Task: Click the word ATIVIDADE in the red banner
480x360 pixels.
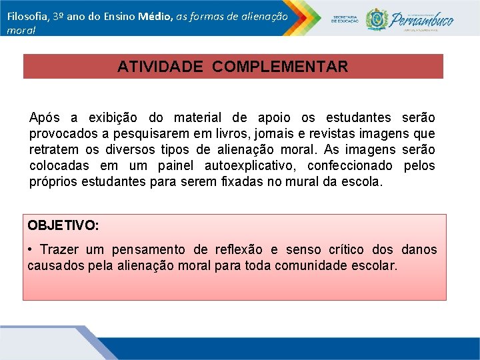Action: coord(153,67)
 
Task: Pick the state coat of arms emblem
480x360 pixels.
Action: coord(378,19)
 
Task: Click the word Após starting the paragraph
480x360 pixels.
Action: coord(44,118)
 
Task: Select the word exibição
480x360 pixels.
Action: coord(107,118)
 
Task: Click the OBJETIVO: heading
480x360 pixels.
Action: coord(63,225)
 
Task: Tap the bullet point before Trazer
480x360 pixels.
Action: coord(31,250)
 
